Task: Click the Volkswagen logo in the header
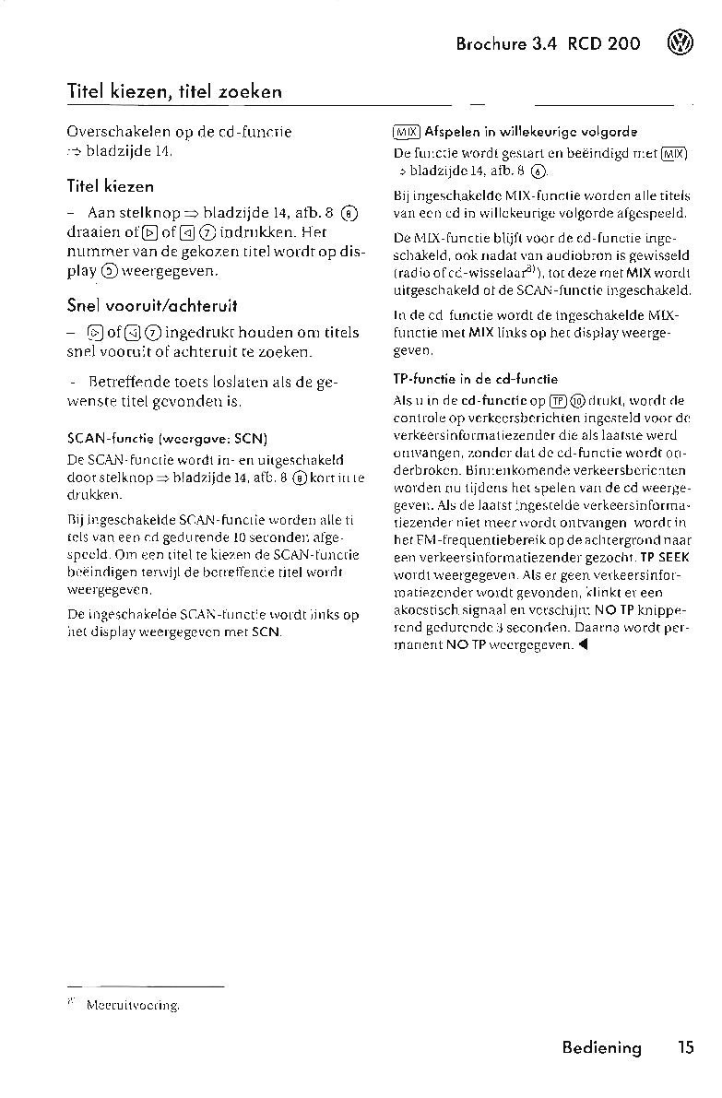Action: click(x=683, y=43)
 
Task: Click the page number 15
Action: click(x=684, y=1047)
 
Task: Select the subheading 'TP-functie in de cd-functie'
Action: click(x=475, y=379)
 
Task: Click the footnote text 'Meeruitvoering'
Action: click(x=132, y=1007)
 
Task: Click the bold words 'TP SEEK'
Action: click(x=665, y=558)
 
